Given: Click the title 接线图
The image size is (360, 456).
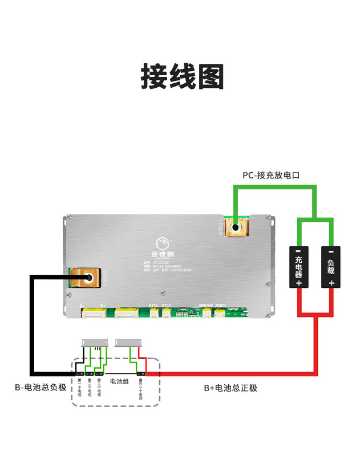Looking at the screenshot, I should coord(182,77).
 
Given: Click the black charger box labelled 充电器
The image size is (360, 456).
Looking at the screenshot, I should coord(298,267).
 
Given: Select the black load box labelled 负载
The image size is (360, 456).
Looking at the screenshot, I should coord(331,267).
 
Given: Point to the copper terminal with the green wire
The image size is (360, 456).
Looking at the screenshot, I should coord(234,229).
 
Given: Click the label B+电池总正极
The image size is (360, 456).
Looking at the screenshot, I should coord(230,388).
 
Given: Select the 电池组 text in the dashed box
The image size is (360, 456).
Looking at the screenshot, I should coord(119,381).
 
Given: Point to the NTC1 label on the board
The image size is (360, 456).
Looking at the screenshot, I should coord(153,306).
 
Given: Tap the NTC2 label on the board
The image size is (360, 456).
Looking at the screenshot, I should coord(167,306).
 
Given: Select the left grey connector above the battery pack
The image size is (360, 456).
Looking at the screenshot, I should coord(95,343).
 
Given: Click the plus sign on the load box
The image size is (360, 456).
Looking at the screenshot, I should coord(331,283).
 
